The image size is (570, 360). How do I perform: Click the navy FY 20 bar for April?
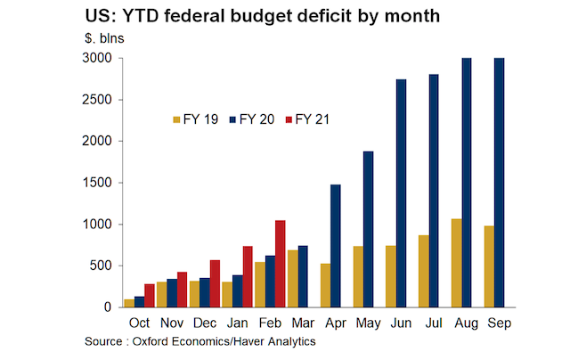pos(335,246)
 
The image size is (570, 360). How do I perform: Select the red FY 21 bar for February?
pos(280,264)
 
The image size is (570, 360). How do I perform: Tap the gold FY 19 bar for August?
pos(455,263)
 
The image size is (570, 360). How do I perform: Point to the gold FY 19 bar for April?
pos(324,285)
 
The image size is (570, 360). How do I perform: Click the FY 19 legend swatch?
pos(175,118)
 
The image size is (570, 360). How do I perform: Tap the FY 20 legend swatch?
pos(233,118)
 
